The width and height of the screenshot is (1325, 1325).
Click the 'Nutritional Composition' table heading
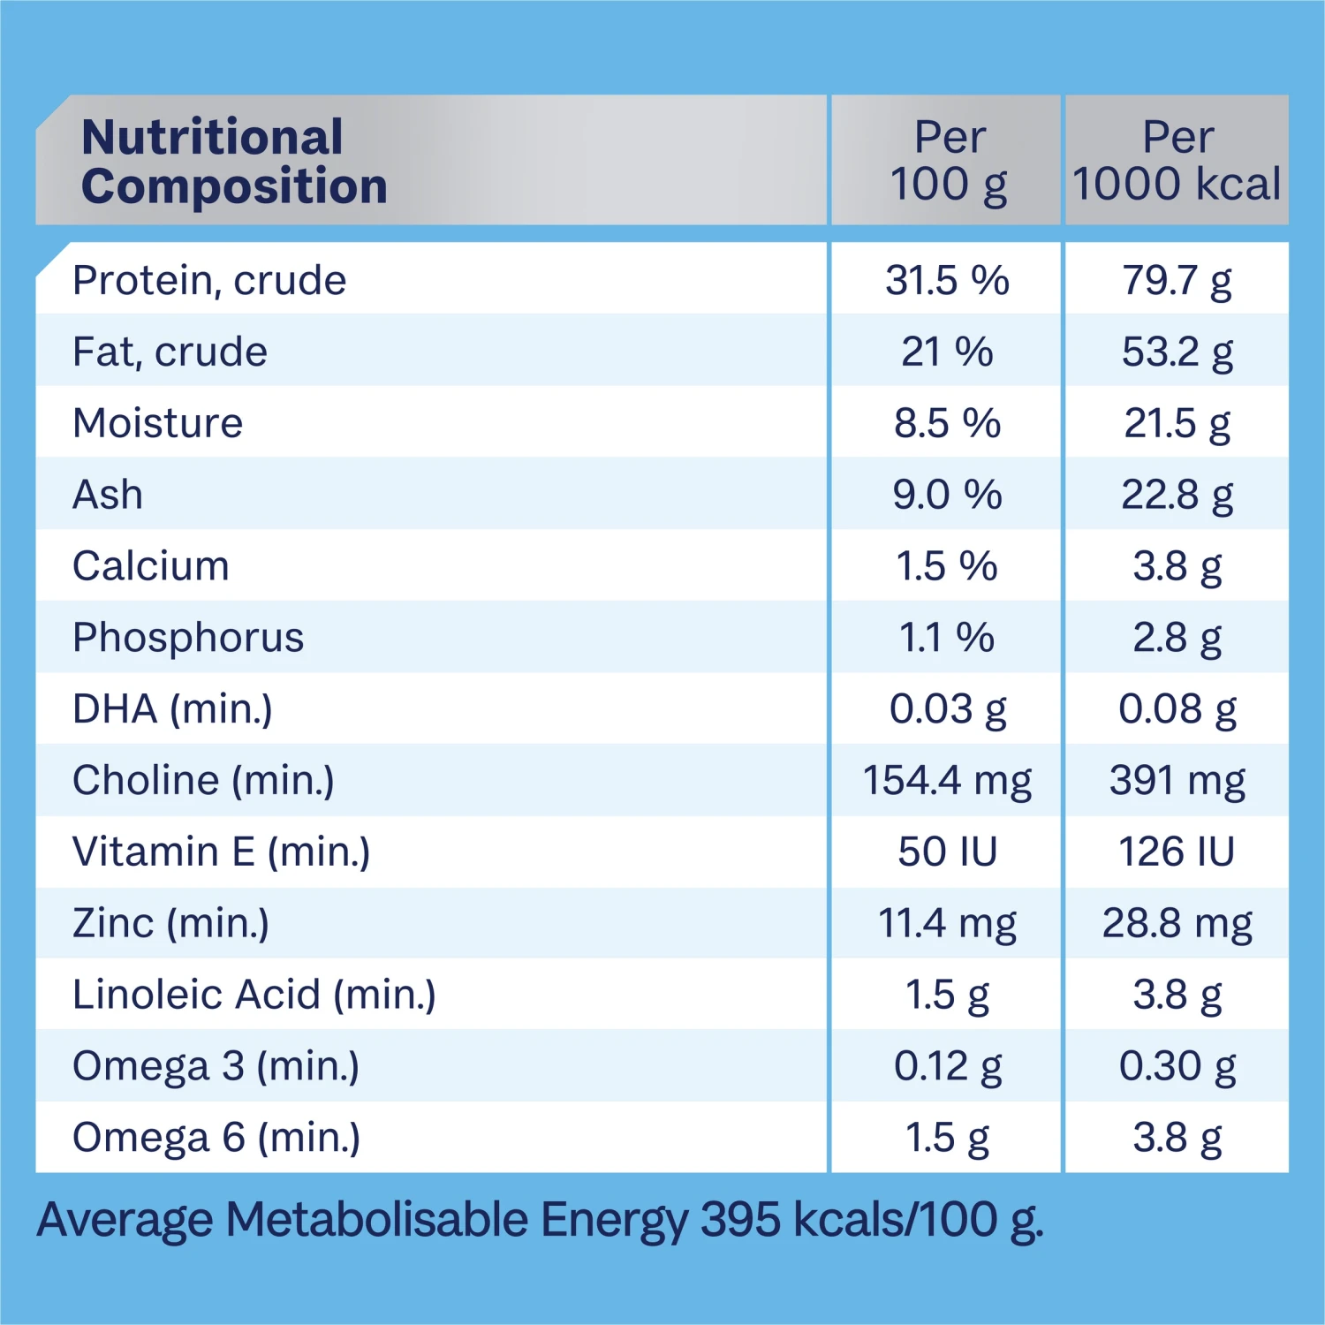pos(234,162)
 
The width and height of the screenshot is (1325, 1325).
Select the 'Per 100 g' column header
pos(948,161)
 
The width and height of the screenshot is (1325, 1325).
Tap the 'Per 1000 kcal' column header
pos(1177,161)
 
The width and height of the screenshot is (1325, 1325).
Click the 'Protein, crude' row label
pos(209,281)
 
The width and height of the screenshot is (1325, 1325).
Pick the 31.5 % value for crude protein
pos(947,281)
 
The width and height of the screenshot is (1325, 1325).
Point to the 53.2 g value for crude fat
pos(1177,352)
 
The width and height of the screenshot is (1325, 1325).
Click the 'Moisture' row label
pos(157,423)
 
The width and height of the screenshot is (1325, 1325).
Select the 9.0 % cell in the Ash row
pos(947,495)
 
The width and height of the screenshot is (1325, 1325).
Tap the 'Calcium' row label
pos(151,566)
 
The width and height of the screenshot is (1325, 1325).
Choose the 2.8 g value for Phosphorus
pos(1177,638)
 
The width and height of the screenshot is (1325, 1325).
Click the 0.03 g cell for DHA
pos(947,709)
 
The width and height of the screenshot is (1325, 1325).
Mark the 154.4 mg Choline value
pos(947,781)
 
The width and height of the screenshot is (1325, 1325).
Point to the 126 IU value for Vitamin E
pos(1177,852)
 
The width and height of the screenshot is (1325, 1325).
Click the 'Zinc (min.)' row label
pos(170,924)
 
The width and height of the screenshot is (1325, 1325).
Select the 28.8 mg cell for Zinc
pos(1177,924)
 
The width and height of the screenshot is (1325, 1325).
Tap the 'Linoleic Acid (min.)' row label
pos(254,995)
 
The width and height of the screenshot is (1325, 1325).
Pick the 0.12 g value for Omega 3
pos(947,1066)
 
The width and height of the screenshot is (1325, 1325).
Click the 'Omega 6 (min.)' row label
pos(216,1138)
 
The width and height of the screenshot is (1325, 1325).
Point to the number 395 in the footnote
pos(740,1220)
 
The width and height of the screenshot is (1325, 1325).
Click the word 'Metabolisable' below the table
pos(377,1220)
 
